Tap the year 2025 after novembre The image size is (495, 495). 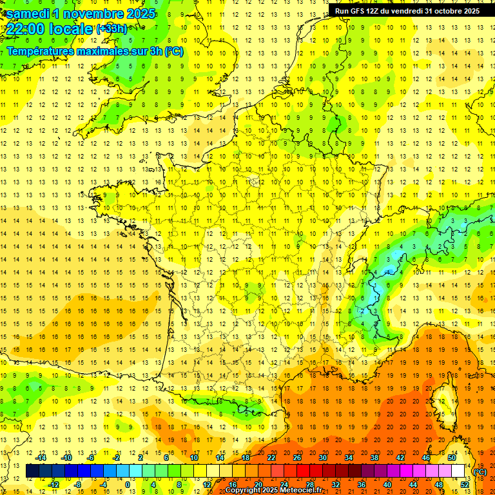click(x=137, y=14)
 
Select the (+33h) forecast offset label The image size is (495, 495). click(x=112, y=29)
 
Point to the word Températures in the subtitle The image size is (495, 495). click(x=41, y=51)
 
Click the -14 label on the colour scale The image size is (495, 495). click(x=41, y=458)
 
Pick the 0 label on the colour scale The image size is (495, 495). click(x=127, y=485)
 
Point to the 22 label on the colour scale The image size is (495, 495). click(x=271, y=458)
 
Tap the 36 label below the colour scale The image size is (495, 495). click(x=362, y=485)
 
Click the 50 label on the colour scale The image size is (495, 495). click(x=452, y=458)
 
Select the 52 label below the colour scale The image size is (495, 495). click(x=465, y=485)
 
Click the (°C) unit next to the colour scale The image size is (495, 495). click(x=480, y=472)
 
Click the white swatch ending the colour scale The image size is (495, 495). click(x=458, y=471)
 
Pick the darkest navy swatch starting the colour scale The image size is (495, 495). click(x=32, y=471)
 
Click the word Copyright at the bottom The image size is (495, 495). click(x=244, y=490)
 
